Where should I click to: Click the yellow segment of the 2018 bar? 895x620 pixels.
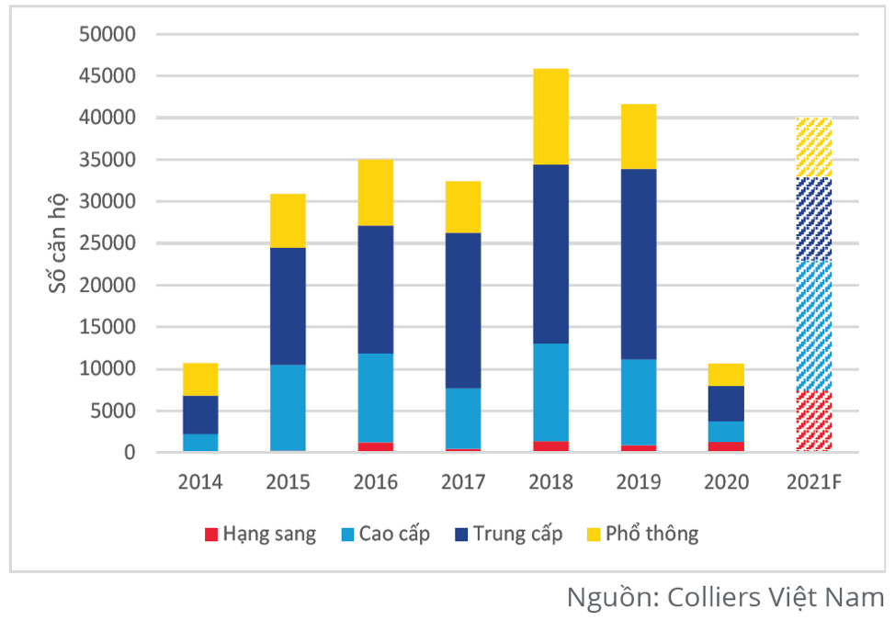coord(550,116)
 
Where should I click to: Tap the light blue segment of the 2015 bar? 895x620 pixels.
coord(288,407)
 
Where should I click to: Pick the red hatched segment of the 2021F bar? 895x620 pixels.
coord(813,421)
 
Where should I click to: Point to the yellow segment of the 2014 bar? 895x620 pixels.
coord(200,378)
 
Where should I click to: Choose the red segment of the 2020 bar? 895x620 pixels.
coord(726,446)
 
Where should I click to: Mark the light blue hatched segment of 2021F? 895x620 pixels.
coord(813,325)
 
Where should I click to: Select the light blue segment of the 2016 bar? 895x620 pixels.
coord(375,398)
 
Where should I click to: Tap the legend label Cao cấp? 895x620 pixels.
coord(394,534)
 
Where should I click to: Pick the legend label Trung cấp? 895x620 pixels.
coord(516,534)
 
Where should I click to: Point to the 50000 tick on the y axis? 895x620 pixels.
coord(108,35)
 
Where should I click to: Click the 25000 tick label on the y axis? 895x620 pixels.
coord(108,244)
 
